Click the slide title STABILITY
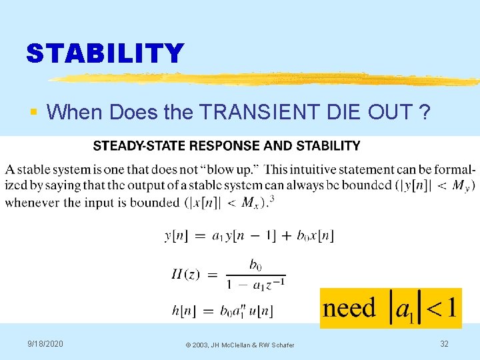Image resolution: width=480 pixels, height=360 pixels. pyautogui.click(x=105, y=53)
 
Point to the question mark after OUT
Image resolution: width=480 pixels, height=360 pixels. pyautogui.click(x=424, y=112)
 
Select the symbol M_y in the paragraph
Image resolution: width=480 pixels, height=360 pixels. pyautogui.click(x=461, y=185)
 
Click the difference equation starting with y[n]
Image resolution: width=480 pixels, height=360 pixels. pyautogui.click(x=249, y=235)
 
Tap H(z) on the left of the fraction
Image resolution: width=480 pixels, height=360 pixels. pyautogui.click(x=186, y=274)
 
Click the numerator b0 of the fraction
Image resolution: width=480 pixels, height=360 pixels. pyautogui.click(x=255, y=265)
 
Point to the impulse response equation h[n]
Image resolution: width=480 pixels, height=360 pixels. pyautogui.click(x=219, y=310)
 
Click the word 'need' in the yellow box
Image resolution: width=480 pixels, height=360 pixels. pyautogui.click(x=349, y=308)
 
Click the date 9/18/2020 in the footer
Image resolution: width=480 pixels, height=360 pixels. pyautogui.click(x=45, y=343)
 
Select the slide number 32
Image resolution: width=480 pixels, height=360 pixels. pyautogui.click(x=444, y=343)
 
